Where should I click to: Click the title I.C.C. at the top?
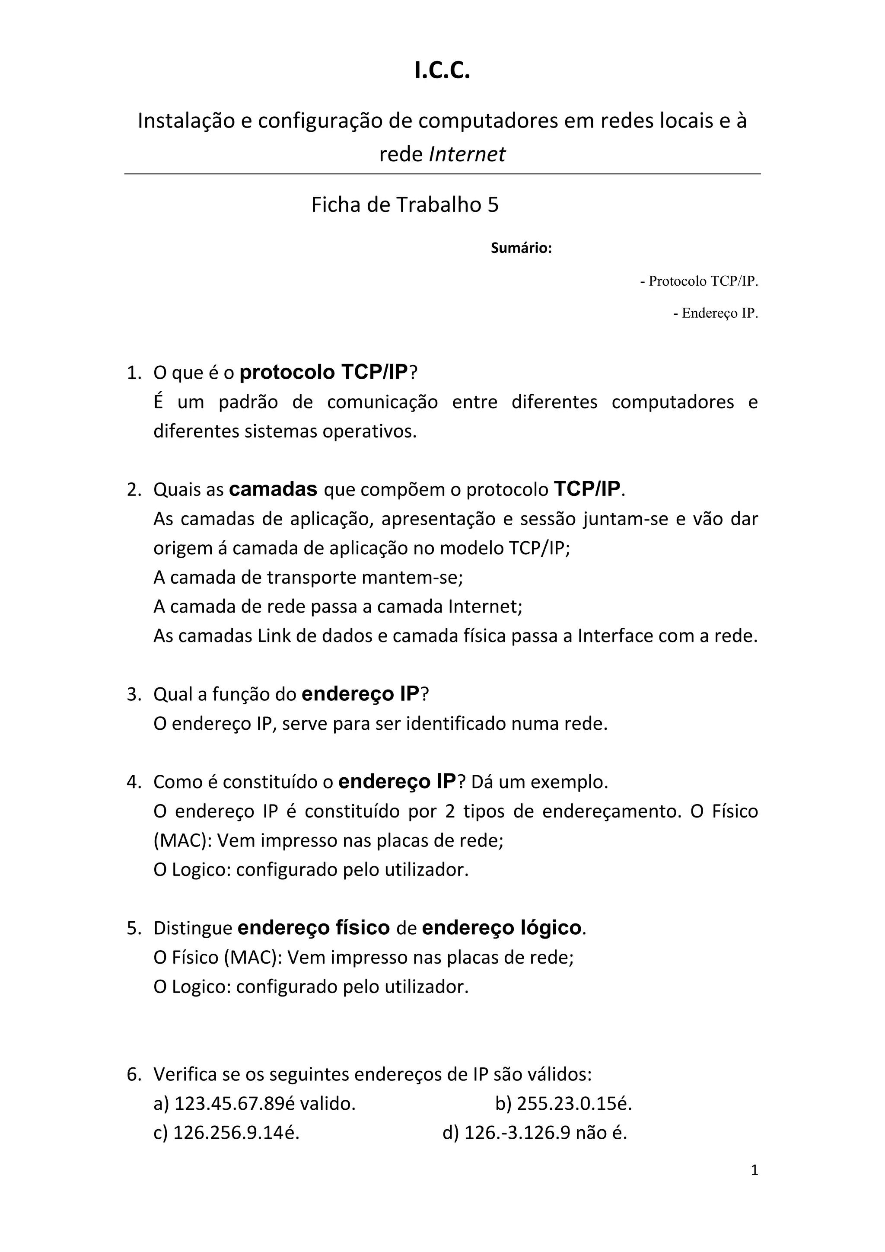click(x=442, y=71)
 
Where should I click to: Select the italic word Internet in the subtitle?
click(x=467, y=154)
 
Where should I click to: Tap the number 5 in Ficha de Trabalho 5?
click(x=493, y=205)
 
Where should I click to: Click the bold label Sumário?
click(x=521, y=249)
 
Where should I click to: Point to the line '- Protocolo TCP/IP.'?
click(x=699, y=281)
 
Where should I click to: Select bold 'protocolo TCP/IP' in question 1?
click(x=324, y=372)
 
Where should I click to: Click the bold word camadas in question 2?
click(x=273, y=489)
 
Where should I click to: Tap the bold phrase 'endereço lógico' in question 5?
click(x=502, y=928)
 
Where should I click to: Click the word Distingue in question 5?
click(x=193, y=928)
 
